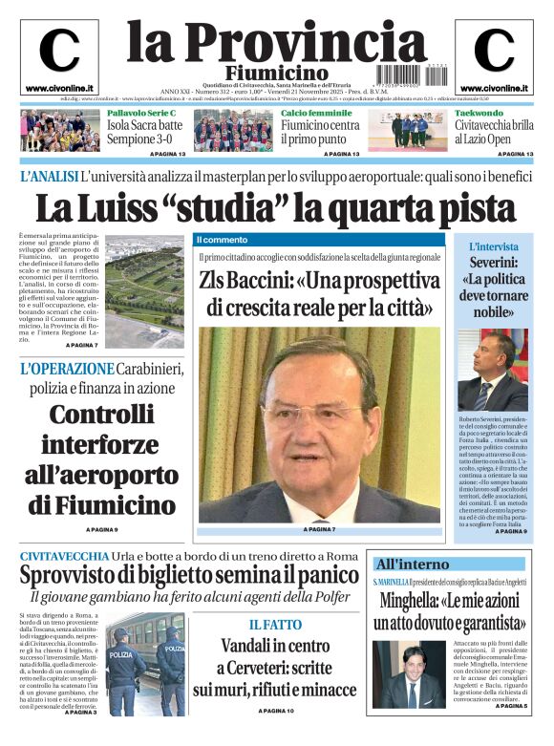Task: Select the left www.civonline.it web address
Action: tap(58, 88)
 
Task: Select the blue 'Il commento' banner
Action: tap(222, 239)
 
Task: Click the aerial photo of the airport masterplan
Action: tap(143, 290)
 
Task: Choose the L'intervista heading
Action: tap(494, 246)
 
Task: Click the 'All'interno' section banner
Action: tap(411, 564)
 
